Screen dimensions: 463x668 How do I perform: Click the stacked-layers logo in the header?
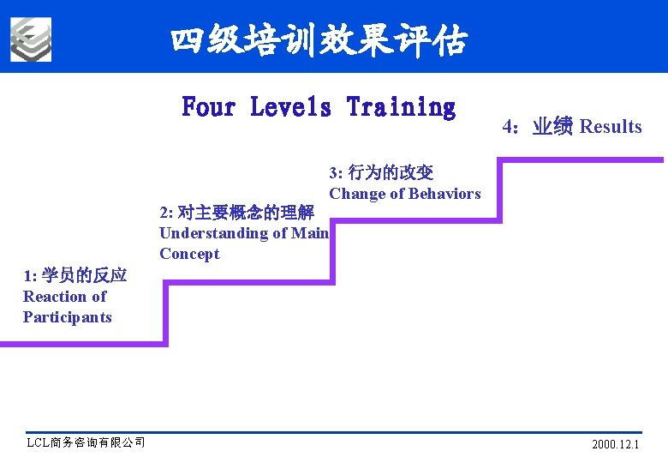tap(31, 39)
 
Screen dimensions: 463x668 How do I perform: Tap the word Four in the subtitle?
tap(208, 108)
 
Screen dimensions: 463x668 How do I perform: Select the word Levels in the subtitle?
tap(290, 108)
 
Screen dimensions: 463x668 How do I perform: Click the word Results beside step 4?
tap(611, 127)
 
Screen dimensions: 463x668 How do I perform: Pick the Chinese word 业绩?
tap(552, 127)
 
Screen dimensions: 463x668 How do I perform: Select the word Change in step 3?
tap(357, 194)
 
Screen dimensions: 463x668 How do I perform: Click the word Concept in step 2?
tap(189, 254)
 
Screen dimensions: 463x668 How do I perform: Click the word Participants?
tap(68, 317)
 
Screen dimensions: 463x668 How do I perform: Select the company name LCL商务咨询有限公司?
tap(86, 442)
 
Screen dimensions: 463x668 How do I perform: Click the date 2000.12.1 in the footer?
tap(615, 445)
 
